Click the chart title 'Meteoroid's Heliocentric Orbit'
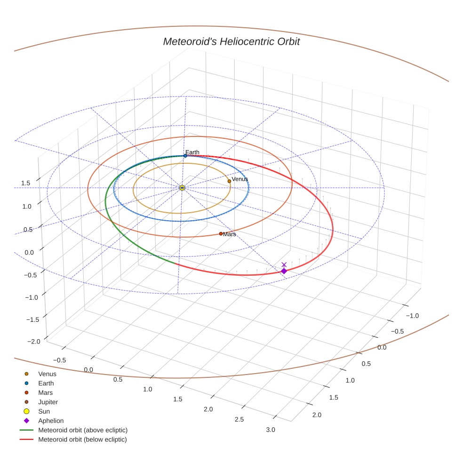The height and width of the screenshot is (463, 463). (x=231, y=42)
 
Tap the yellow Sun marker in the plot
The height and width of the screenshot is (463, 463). (x=182, y=188)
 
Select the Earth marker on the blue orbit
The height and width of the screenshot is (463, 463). (x=185, y=156)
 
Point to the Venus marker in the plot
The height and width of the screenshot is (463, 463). (x=229, y=181)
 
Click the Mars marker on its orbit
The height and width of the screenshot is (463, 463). (x=221, y=233)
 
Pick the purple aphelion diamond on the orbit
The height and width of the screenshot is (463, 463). (x=284, y=271)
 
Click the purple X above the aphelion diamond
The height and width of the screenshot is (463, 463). (x=284, y=264)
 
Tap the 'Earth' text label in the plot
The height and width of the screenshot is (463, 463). (x=192, y=152)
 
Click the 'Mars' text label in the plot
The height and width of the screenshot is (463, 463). (x=230, y=234)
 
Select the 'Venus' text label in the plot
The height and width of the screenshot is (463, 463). (x=240, y=179)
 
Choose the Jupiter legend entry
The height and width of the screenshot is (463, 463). (x=48, y=402)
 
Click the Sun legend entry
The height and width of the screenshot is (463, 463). (x=44, y=411)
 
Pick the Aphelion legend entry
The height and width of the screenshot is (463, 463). (x=50, y=421)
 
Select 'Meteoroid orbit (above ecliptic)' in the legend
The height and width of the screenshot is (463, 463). (x=82, y=430)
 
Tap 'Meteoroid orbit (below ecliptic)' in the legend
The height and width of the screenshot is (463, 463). (x=82, y=439)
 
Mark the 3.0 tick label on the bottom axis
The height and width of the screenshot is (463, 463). (x=271, y=430)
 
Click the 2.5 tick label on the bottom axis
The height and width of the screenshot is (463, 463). (x=239, y=419)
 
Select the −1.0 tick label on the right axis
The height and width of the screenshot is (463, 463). (x=412, y=316)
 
